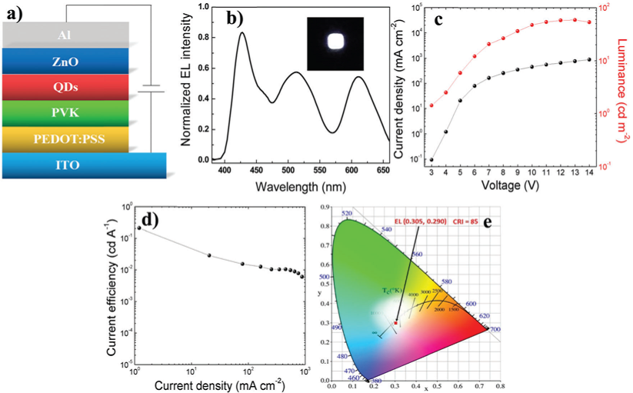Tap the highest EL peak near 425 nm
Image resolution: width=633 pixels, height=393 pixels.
click(242, 33)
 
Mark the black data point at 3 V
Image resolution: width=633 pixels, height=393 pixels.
click(431, 160)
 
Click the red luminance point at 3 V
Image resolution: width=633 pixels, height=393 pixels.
click(431, 105)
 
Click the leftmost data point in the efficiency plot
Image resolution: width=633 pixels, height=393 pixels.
click(138, 228)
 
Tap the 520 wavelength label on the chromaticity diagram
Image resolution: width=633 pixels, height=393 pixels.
click(348, 213)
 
